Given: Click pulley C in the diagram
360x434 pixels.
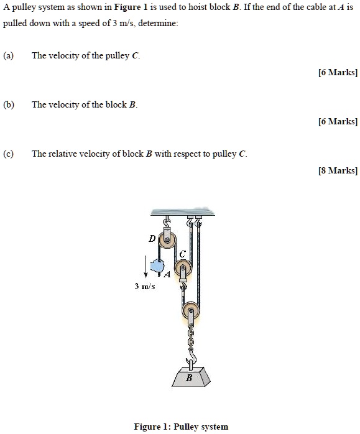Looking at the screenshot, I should pos(183,269).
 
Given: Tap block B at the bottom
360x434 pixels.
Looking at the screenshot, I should pos(189,377).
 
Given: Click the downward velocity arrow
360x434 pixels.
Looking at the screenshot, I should pos(147,267).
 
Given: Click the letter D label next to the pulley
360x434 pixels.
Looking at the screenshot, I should pos(152,238).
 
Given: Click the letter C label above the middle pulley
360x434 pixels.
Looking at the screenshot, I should pos(182,254).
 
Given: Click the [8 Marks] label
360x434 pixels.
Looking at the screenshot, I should pos(338,170).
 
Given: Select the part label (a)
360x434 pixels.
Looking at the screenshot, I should pos(8,55).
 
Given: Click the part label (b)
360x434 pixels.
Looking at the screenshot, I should pos(8,104).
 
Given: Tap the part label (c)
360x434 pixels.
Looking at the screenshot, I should pos(8,154).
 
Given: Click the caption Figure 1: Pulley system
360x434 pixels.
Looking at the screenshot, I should pos(181,427).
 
